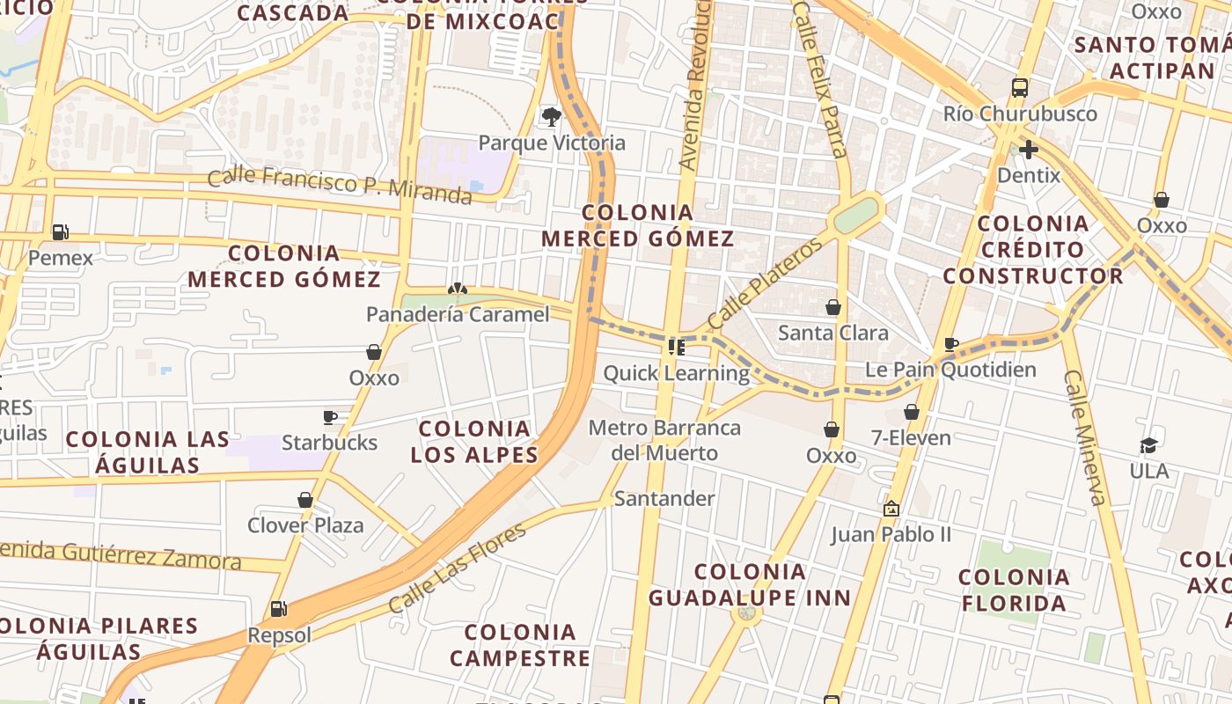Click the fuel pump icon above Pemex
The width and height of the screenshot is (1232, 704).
pyautogui.click(x=60, y=232)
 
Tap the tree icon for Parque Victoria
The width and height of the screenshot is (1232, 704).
pyautogui.click(x=552, y=116)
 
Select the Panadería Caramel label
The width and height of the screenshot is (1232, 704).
pyautogui.click(x=458, y=314)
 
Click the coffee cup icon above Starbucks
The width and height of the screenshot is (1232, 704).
pyautogui.click(x=330, y=416)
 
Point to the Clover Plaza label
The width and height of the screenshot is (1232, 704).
pyautogui.click(x=305, y=525)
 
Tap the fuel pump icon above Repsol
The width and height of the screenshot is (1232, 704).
pyautogui.click(x=279, y=609)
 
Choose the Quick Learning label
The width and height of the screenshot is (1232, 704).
pyautogui.click(x=676, y=373)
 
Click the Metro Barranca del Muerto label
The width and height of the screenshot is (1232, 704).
pyautogui.click(x=664, y=441)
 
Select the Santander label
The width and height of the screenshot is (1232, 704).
pyautogui.click(x=664, y=499)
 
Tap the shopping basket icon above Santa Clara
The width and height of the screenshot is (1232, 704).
pyautogui.click(x=832, y=307)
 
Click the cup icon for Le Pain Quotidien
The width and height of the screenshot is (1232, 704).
pyautogui.click(x=950, y=344)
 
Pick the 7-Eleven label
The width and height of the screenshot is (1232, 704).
pyautogui.click(x=911, y=437)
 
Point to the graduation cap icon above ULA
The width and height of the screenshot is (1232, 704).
pyautogui.click(x=1148, y=445)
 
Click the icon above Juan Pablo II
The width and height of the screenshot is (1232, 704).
pyautogui.click(x=891, y=509)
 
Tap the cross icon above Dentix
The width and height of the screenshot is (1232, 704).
pyautogui.click(x=1028, y=150)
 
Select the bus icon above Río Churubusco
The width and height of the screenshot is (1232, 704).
pyautogui.click(x=1020, y=88)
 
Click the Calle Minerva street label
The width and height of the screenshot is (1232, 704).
pyautogui.click(x=1084, y=437)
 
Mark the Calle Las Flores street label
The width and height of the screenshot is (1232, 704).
pyautogui.click(x=457, y=568)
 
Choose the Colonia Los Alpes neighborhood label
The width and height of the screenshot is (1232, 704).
pyautogui.click(x=474, y=442)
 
